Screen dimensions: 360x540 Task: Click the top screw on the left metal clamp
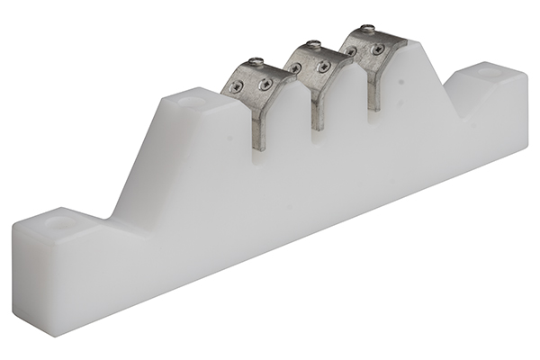coord(256,61)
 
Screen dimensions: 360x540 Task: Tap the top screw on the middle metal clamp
coord(312,45)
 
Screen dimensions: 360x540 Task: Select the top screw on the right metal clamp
coord(366,30)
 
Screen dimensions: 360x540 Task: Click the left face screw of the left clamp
coord(237,87)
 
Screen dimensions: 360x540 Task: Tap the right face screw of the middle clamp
coord(322,66)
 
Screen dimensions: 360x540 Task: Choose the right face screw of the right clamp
coord(375,49)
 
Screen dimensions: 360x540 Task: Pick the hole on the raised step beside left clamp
coord(191,101)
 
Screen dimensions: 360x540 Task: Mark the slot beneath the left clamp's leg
coord(259,160)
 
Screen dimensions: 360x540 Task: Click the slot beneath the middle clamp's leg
coord(318,137)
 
